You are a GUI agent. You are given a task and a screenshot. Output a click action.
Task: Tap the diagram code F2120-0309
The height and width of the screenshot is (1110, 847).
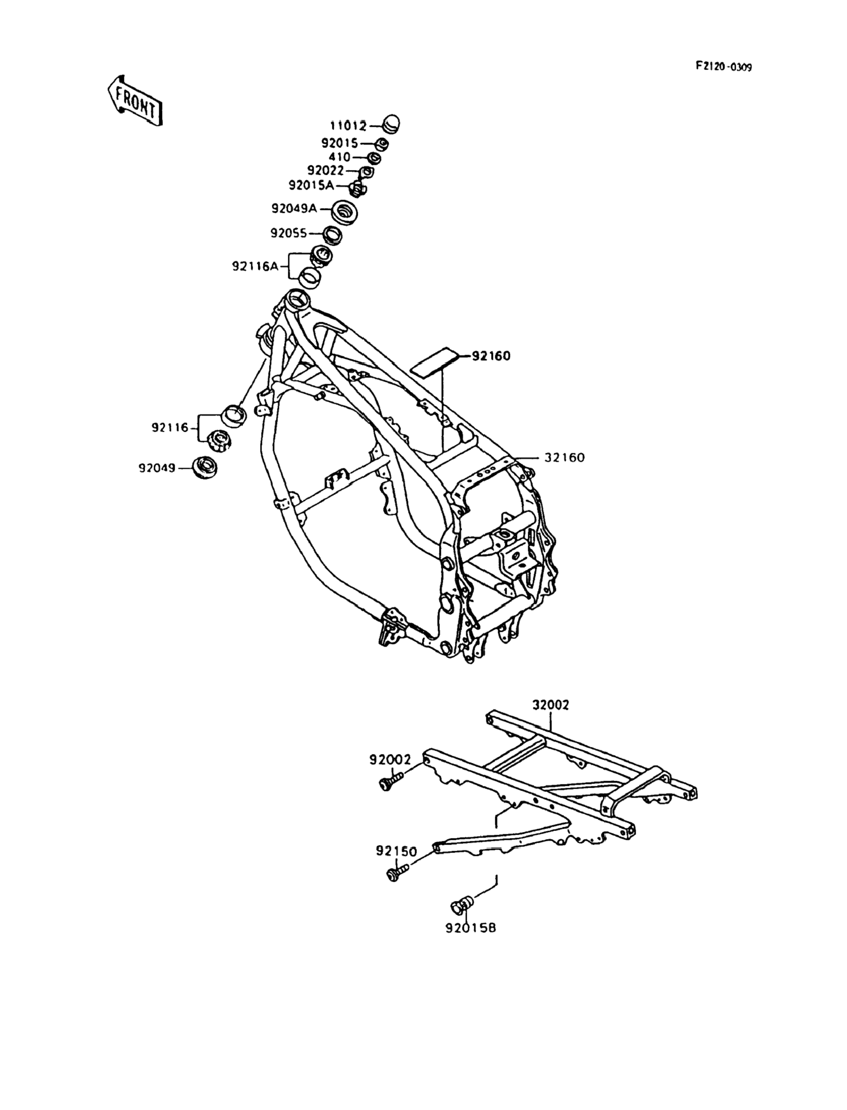tap(724, 67)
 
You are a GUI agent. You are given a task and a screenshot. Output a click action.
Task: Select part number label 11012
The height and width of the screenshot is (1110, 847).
tap(348, 126)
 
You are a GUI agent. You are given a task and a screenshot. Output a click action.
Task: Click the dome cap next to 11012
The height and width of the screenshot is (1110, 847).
tap(391, 124)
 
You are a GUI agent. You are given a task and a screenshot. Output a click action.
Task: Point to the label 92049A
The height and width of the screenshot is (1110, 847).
tap(294, 208)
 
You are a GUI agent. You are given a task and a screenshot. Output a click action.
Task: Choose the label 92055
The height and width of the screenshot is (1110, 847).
tap(288, 233)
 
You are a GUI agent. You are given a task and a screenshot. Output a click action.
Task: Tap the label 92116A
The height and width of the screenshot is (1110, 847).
tap(255, 266)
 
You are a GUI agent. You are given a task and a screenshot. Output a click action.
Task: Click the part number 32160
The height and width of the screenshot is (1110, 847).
tap(564, 458)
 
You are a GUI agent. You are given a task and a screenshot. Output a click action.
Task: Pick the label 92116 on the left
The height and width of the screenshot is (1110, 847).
tap(170, 427)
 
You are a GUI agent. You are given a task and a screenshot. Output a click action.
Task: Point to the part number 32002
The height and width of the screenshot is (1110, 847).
tap(551, 705)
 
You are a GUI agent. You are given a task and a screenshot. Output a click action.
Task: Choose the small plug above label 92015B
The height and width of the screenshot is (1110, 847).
tap(460, 905)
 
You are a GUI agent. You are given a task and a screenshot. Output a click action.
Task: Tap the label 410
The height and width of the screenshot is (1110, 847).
tap(339, 157)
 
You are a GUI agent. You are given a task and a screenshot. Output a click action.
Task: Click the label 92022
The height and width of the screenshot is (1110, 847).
tap(325, 171)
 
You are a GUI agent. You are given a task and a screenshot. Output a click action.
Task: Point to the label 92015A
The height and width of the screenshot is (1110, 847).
tap(311, 186)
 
